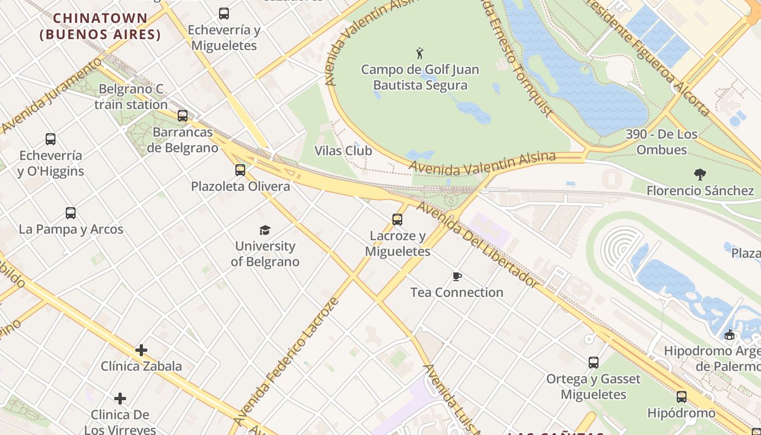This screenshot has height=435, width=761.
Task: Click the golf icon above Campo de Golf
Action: (x=420, y=53)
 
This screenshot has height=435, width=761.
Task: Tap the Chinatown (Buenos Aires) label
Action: (x=101, y=26)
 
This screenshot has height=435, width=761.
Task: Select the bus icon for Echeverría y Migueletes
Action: (x=223, y=14)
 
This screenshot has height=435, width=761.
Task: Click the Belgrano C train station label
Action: (x=131, y=97)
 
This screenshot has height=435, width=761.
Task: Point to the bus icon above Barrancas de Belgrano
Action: (x=183, y=115)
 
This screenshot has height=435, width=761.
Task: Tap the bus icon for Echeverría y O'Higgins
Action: (x=51, y=139)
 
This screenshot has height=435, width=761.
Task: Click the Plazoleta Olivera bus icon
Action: (x=240, y=170)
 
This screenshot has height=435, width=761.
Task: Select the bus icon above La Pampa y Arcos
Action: (x=71, y=213)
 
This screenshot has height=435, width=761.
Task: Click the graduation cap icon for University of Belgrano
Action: (x=265, y=230)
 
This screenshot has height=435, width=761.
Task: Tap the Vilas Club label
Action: (x=343, y=151)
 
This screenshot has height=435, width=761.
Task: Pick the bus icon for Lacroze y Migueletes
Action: (x=397, y=220)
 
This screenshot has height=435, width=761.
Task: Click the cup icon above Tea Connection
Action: (x=457, y=277)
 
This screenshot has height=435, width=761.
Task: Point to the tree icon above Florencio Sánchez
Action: (x=700, y=175)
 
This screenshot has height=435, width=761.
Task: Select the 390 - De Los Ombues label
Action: (x=661, y=142)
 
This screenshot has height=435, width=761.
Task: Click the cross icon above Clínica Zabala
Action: (x=141, y=350)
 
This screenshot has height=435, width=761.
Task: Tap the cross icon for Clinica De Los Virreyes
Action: (x=120, y=399)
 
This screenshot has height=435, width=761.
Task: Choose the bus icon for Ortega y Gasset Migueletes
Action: (x=594, y=363)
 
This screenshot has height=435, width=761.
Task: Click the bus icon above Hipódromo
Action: (x=682, y=397)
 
